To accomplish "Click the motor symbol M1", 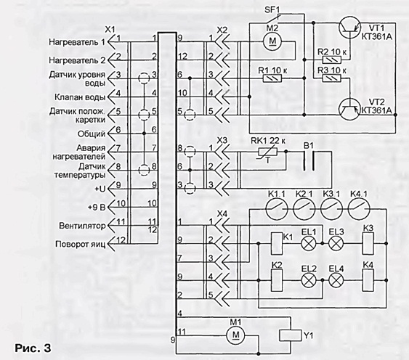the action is point(235,335).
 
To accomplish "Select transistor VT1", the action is point(349,28).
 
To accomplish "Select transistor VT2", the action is point(349,109).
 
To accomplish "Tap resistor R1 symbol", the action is point(272,78).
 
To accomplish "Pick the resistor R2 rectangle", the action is point(332,60).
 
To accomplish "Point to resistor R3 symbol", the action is point(332,78).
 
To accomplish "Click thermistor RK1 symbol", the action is point(268,152).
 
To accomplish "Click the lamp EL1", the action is point(309,243).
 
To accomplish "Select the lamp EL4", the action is point(336,280).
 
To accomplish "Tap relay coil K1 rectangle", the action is point(277,243).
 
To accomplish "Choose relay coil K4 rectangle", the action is point(368,280).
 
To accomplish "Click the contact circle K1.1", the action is point(277,209).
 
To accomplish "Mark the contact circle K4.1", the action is point(359,209).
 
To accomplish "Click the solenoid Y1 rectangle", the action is point(291,335).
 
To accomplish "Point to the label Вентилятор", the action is point(82,226).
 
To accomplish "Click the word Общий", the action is point(92,134).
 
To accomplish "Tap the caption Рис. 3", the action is point(33,348).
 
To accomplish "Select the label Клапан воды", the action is point(80,97).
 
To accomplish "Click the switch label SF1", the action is point(272,10).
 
